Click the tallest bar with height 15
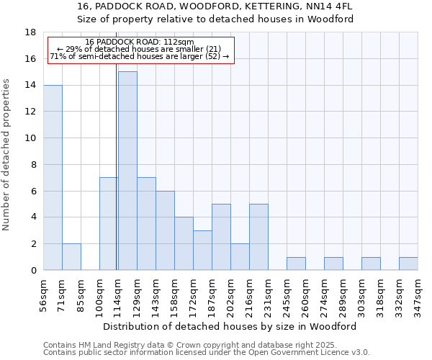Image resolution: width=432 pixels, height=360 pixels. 127,171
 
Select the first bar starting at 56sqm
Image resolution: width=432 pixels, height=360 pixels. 53,177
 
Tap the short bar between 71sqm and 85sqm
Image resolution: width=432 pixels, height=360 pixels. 71,257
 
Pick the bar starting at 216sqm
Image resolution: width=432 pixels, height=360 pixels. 258,237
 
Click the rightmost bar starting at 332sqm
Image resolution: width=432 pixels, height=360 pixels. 408,264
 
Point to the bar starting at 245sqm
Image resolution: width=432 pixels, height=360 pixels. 296,264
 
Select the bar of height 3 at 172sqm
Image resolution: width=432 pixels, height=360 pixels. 202,251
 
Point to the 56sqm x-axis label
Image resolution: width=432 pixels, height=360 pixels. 43,293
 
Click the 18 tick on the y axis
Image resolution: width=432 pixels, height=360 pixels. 31,32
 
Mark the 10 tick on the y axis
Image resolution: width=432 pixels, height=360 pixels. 31,138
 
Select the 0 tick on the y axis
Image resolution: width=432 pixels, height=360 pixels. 33,271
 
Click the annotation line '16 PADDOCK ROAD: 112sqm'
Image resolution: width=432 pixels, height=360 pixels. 140,42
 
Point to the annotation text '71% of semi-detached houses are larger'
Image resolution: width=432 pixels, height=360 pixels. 140,56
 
